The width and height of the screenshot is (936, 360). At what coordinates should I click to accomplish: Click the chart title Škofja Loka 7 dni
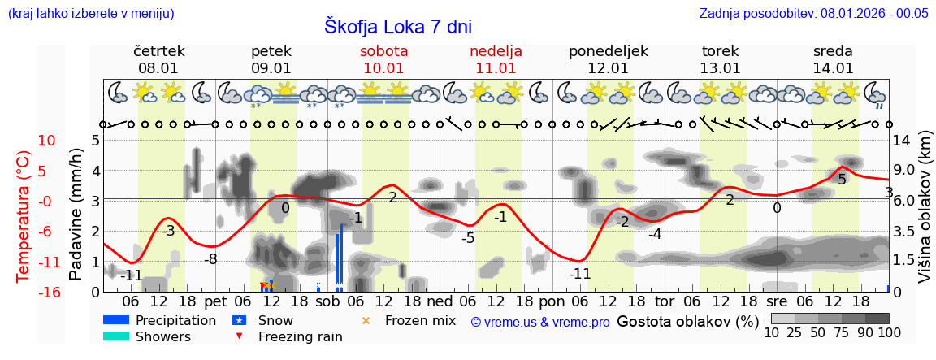coord(398,26)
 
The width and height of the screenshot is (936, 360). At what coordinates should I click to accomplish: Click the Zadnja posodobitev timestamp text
coord(813,13)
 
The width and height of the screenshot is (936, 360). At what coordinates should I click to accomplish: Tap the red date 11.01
coord(496,68)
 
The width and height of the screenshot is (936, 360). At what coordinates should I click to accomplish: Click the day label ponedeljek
coord(608,51)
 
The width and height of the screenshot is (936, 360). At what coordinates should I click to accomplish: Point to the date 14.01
coord(833,68)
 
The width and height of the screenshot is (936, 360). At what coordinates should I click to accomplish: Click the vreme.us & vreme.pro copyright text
coord(540,322)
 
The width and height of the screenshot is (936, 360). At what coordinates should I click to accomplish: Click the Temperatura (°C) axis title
coord(24,216)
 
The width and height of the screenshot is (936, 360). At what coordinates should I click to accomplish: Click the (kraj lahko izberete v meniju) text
coord(90,13)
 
